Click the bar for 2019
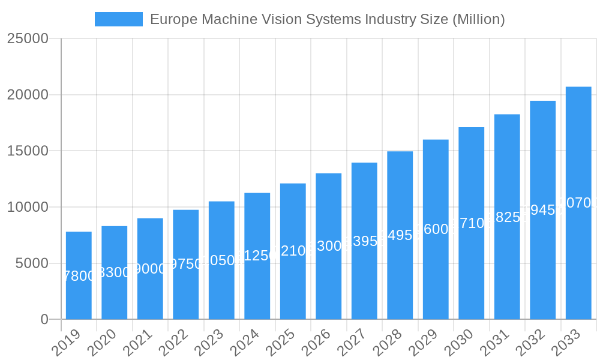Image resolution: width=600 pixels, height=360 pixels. click(x=79, y=275)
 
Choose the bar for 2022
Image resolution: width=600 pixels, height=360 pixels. click(x=186, y=264)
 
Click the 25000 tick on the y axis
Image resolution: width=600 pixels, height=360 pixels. click(x=28, y=38)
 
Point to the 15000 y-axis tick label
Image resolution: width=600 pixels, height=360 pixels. click(x=28, y=151)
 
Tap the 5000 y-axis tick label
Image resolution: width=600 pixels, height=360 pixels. click(x=31, y=263)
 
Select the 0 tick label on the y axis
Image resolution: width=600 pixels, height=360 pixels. click(x=44, y=320)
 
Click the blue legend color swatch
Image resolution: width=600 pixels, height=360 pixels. click(x=119, y=19)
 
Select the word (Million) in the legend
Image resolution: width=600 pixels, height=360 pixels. click(x=478, y=19)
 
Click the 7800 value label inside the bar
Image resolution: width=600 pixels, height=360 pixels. click(x=79, y=276)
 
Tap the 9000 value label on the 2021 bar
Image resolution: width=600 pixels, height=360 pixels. click(x=150, y=269)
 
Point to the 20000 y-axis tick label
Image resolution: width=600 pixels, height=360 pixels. click(x=28, y=95)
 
